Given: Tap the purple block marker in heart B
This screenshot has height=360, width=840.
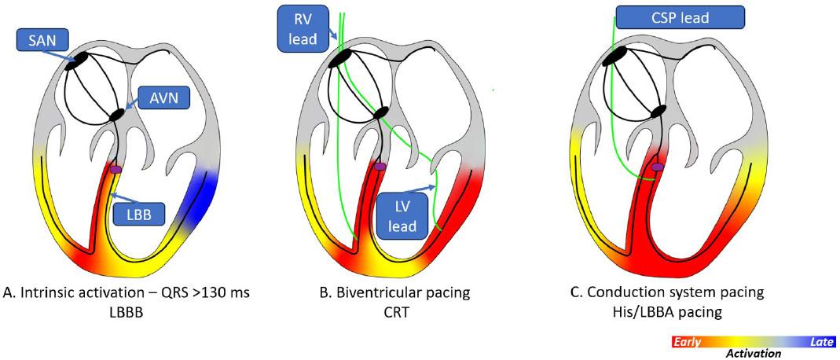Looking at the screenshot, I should [380, 167].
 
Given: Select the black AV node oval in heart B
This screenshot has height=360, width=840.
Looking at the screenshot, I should [382, 112].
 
